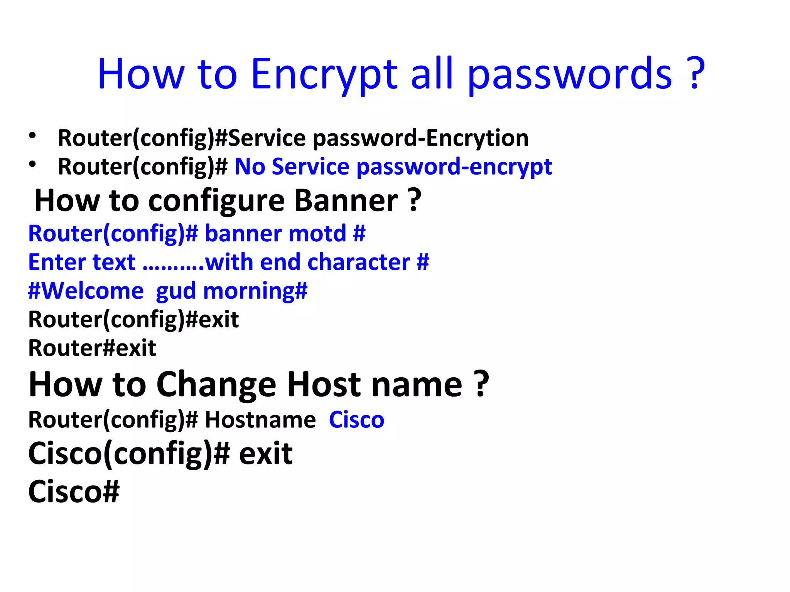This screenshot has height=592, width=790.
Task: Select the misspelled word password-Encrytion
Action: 420,138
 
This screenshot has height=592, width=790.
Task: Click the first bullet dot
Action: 32,136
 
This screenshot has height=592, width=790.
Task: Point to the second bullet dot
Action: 32,164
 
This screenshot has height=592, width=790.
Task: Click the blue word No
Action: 250,166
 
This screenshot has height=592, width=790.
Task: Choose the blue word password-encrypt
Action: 454,167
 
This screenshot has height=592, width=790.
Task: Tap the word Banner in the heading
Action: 346,200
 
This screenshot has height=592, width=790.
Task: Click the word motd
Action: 317,234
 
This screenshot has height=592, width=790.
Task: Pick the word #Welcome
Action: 86,291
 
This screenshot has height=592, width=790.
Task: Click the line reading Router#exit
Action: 92,348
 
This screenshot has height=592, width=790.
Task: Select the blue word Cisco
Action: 356,420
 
